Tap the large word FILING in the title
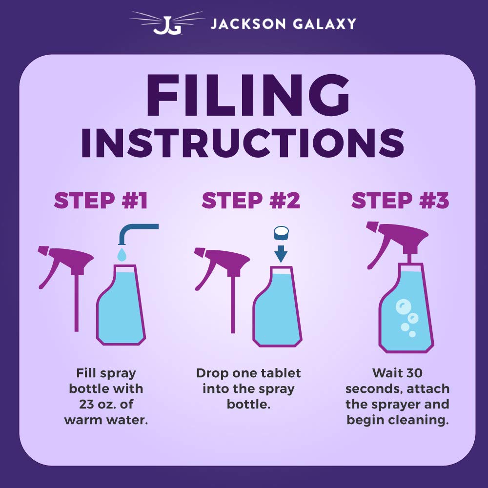pos(248,95)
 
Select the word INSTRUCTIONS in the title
pos(243,143)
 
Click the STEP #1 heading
pos(101,200)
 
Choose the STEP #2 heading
pos(251,200)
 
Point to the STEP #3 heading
pos(400,200)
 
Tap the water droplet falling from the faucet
pos(122,254)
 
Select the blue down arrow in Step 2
pos(281,254)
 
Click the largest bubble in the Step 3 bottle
pos(403,307)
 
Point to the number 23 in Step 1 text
pos(86,404)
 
